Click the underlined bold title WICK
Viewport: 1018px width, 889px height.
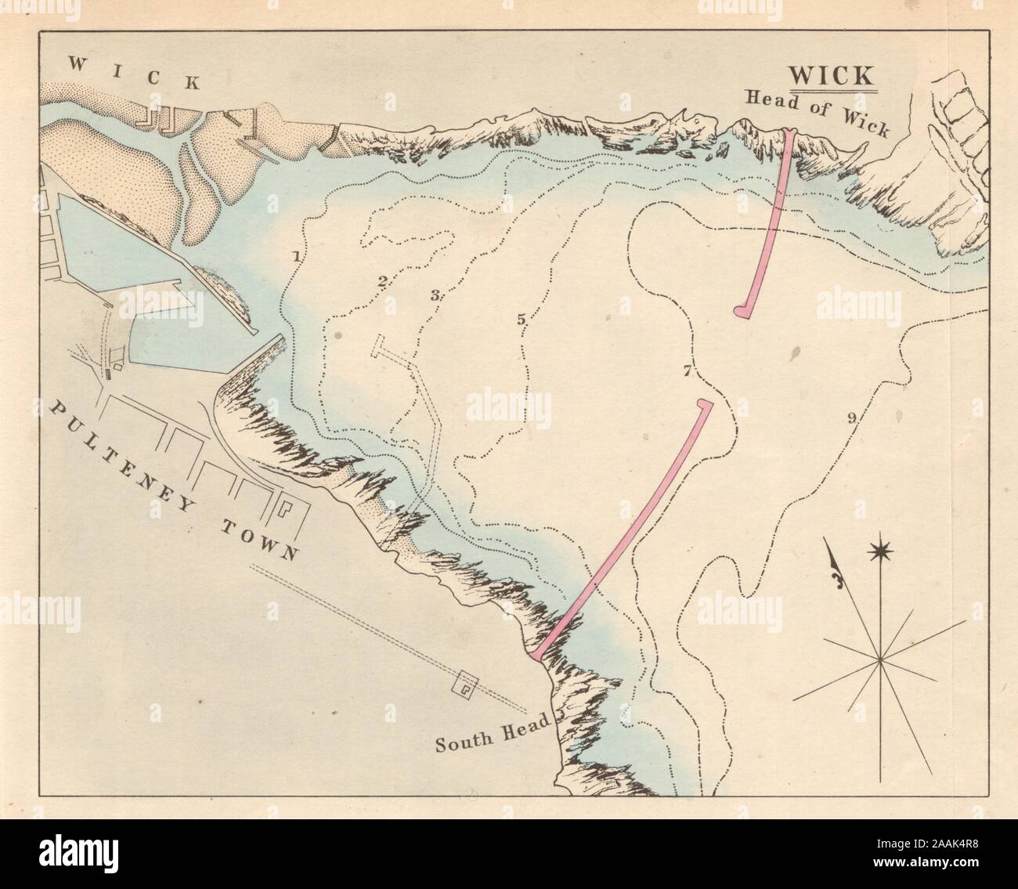pyautogui.click(x=831, y=76)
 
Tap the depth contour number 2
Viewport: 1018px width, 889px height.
pyautogui.click(x=383, y=280)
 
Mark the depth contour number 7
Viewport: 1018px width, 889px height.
pyautogui.click(x=687, y=371)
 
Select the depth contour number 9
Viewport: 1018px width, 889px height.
pyautogui.click(x=850, y=418)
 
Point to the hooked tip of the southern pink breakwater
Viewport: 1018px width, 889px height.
pyautogui.click(x=705, y=404)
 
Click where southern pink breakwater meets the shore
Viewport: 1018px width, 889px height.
pyautogui.click(x=537, y=653)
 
